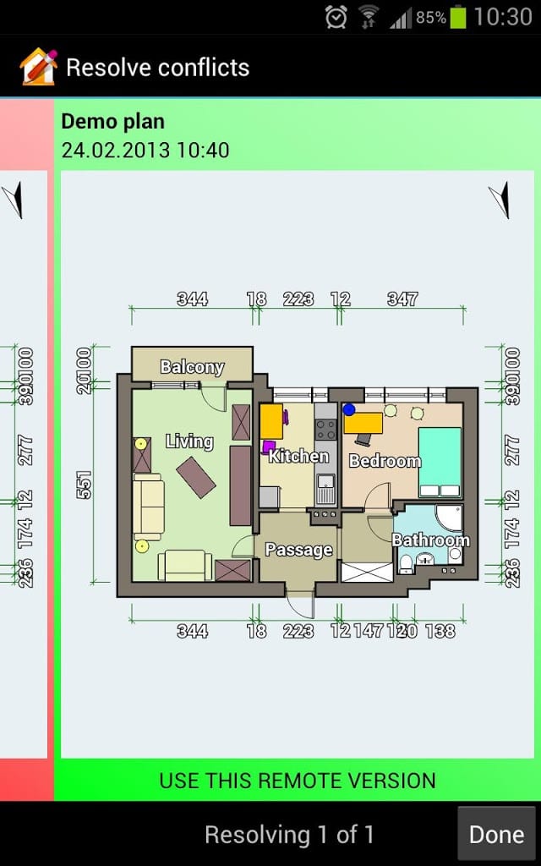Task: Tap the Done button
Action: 497,835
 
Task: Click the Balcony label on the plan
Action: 192,366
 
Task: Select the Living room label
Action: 189,441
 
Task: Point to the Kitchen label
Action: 298,457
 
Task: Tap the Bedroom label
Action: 385,461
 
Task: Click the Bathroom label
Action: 430,540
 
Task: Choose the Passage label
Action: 298,550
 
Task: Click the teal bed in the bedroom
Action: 440,462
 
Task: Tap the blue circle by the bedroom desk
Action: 348,409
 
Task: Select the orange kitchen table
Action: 271,420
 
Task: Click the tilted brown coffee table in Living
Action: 195,477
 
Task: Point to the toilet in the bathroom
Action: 406,562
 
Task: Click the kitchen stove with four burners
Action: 325,430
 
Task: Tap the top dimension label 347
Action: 402,299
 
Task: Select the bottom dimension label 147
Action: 369,631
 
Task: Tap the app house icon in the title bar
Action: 37,67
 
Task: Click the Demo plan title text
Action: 112,122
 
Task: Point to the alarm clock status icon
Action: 336,16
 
